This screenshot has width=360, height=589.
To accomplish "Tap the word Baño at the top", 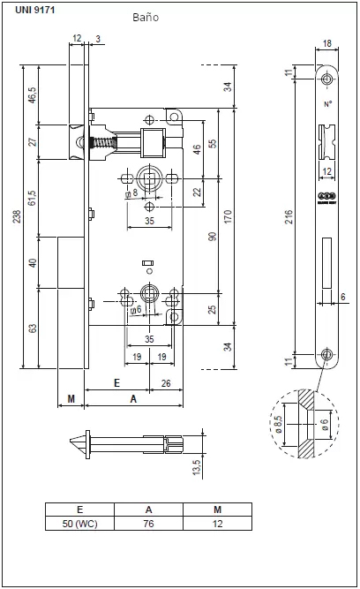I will click(x=146, y=17).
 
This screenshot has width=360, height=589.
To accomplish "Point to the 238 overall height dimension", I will click(x=16, y=216).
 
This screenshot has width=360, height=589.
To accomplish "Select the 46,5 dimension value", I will click(x=34, y=95).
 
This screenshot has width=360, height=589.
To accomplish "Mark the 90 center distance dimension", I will click(x=211, y=237).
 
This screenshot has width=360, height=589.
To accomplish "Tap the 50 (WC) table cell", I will click(x=79, y=524).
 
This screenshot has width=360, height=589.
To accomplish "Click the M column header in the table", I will click(x=216, y=509).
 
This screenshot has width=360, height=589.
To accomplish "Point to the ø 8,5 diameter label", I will click(x=281, y=422).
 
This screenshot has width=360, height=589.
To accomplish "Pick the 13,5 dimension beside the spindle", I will click(x=198, y=466).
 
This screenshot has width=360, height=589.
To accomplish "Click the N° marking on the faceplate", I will click(x=326, y=103).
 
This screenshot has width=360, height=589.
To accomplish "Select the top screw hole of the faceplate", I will click(x=326, y=80).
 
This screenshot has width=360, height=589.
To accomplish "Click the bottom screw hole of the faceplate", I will click(x=326, y=356).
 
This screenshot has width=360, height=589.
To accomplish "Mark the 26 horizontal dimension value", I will click(x=167, y=384).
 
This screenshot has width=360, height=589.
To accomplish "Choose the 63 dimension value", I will click(x=34, y=328).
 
